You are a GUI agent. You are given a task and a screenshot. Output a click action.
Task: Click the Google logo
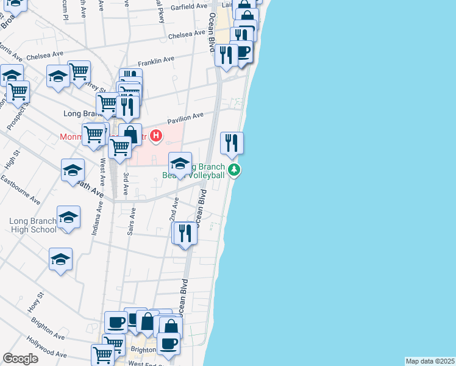pyautogui.click(x=21, y=359)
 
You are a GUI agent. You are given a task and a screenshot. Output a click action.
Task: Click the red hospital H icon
pyautogui.click(x=157, y=135)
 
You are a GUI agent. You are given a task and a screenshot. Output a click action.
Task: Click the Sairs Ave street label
pyautogui.click(x=130, y=223)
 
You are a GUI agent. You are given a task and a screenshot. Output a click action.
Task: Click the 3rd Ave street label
pyautogui.click(x=126, y=183)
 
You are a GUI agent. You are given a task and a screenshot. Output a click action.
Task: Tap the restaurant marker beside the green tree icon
pyautogui.click(x=232, y=143)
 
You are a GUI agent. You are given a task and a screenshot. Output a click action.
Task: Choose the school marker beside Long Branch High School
pyautogui.click(x=69, y=217)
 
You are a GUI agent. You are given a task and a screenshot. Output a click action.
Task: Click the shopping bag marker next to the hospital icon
pyautogui.click(x=130, y=134)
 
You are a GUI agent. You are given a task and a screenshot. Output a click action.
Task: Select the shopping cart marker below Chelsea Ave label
pyautogui.click(x=79, y=71)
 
